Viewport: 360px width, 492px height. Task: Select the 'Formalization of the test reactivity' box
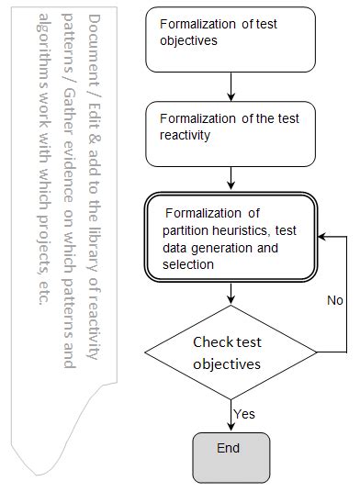[x=231, y=127]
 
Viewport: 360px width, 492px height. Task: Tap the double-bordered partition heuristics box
[x=231, y=237]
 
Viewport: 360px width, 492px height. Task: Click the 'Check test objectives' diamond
[x=231, y=352]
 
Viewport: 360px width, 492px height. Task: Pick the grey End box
[x=231, y=456]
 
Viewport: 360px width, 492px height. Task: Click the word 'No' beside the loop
[x=336, y=300]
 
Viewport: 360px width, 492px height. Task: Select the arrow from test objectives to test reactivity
[x=231, y=85]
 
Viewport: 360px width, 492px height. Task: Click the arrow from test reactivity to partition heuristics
[x=231, y=173]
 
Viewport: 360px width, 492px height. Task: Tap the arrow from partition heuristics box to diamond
[x=231, y=295]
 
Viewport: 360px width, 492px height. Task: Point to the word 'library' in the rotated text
[x=94, y=259]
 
